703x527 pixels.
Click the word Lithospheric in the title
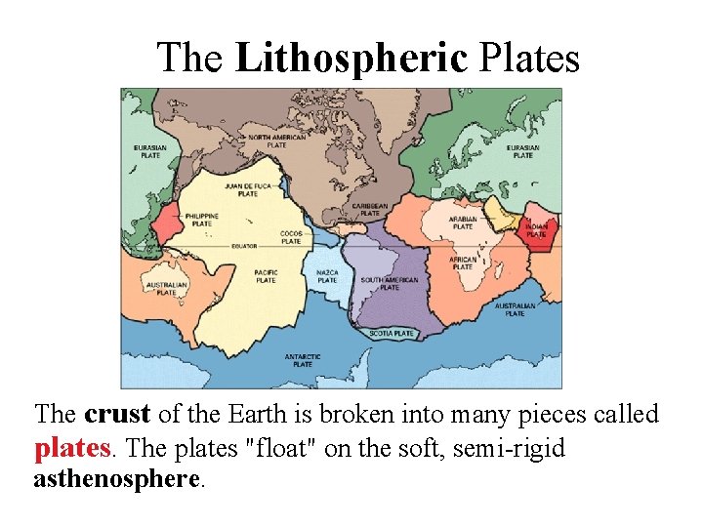coord(351,58)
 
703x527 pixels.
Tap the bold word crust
coord(117,414)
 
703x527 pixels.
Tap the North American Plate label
coord(277,142)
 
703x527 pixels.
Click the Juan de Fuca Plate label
coord(248,188)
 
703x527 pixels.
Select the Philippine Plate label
coord(202,220)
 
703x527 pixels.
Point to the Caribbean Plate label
coord(371,210)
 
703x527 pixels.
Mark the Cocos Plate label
coord(291,237)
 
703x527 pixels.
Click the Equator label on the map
coord(244,246)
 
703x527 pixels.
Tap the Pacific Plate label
coord(266,276)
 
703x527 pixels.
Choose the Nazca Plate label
coord(327,276)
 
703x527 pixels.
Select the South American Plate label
coord(389,283)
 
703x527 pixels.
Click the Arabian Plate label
coord(463,223)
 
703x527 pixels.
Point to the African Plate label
coord(463,263)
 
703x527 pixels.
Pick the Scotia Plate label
coord(392,334)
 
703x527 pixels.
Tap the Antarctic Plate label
coord(303,360)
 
